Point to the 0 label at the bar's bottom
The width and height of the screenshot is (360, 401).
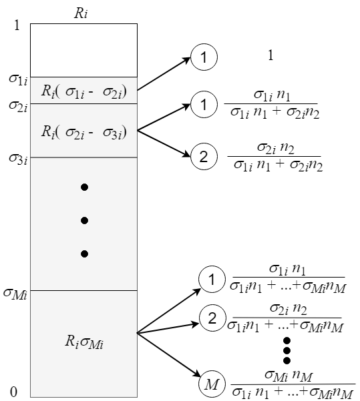point(17,391)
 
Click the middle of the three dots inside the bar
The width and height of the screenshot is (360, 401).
point(84,220)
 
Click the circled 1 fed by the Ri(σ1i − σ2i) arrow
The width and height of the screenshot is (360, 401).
point(200,59)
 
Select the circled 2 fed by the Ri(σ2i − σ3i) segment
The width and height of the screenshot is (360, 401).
point(200,157)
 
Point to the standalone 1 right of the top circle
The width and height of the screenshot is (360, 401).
point(271,56)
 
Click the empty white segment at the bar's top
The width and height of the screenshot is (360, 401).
point(83,50)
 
